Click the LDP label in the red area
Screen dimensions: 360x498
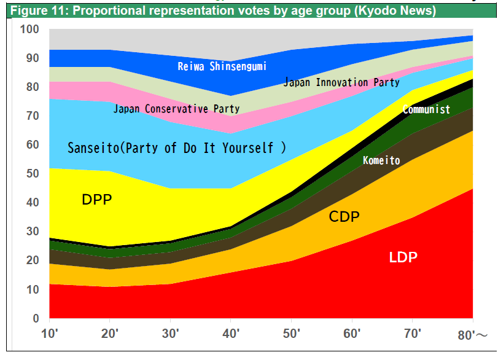pos(403,257)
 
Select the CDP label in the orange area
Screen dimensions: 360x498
pos(344,216)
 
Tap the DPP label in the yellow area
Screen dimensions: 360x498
pos(97,200)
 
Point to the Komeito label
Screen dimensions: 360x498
pos(381,161)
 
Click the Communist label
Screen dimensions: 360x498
pos(426,110)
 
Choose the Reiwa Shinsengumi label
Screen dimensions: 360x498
pos(222,66)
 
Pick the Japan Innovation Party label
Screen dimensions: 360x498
pos(341,82)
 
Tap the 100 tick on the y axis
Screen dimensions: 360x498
pos(29,29)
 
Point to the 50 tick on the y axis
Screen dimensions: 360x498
pos(32,174)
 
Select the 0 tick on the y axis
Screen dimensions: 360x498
pos(36,318)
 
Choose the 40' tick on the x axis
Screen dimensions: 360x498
pos(230,334)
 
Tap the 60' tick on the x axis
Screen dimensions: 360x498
pos(352,334)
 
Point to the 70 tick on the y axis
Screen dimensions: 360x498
pos(32,116)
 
